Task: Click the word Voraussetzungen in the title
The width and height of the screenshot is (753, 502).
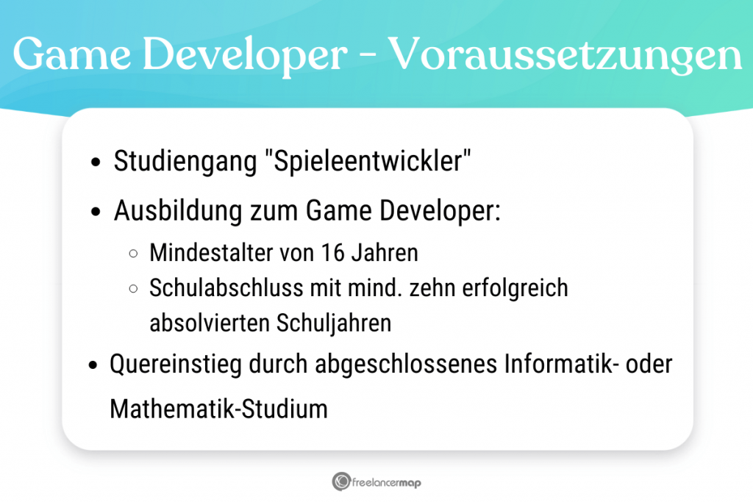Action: coord(565,54)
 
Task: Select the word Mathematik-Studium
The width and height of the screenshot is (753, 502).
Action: coord(218,409)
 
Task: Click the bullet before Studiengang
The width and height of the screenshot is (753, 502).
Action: coord(96,163)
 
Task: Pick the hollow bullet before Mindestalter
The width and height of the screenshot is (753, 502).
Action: coord(133,254)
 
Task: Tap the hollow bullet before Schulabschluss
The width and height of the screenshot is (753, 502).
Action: coord(133,288)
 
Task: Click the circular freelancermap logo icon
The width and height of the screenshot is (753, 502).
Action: coord(340,481)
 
